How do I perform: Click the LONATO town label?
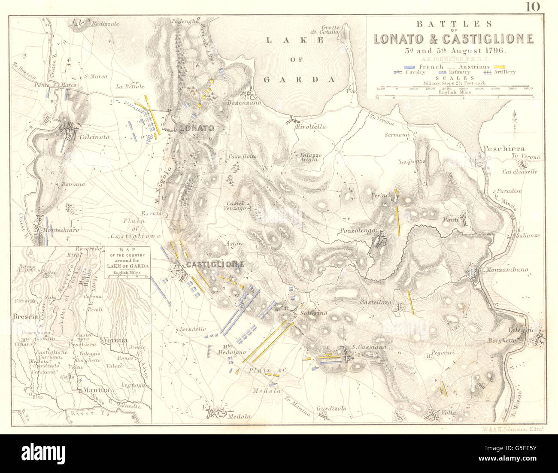tap(197, 128)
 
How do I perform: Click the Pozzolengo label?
tap(355, 230)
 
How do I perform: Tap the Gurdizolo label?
tap(331, 409)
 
